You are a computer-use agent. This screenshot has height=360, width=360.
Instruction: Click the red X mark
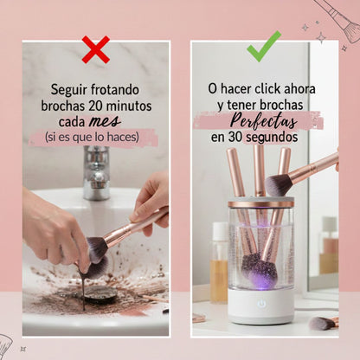tap(95, 48)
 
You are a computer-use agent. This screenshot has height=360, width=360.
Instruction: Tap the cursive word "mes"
tap(105, 120)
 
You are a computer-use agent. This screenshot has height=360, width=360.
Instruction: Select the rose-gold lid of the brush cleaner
tap(260, 204)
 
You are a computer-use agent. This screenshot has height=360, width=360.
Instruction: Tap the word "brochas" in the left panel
tap(63, 105)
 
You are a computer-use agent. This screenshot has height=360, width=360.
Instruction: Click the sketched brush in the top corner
tap(342, 19)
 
